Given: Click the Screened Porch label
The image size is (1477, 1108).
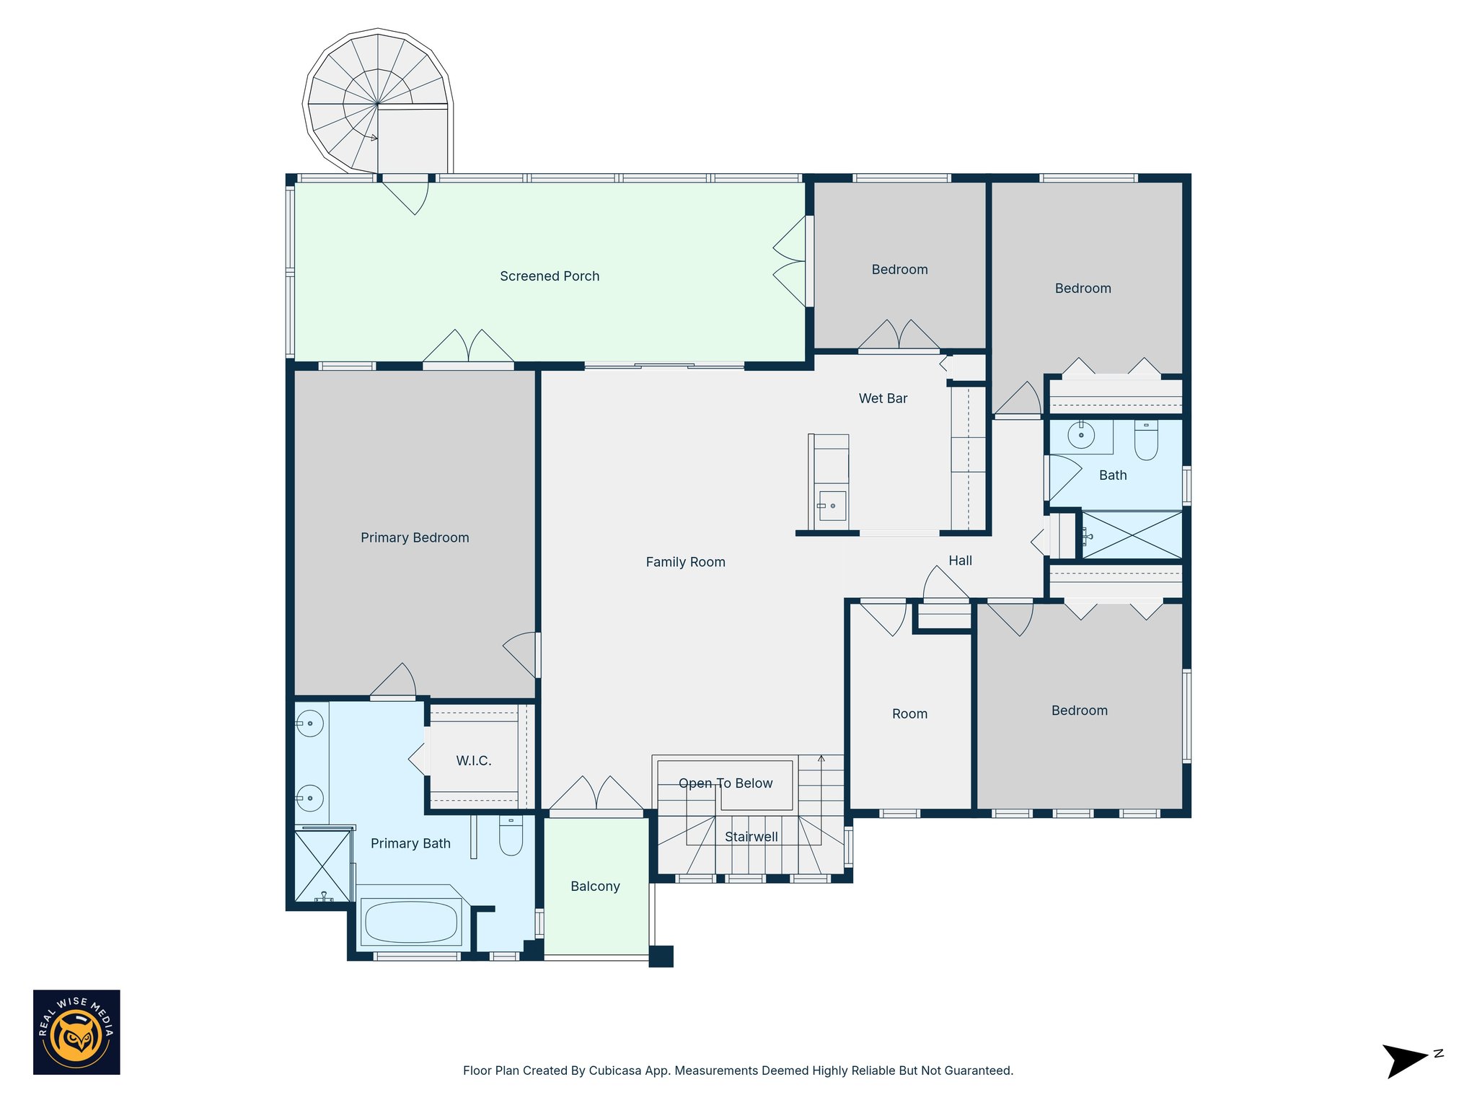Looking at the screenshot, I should pos(550,276).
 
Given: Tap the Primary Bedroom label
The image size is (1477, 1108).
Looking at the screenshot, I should pos(415,537).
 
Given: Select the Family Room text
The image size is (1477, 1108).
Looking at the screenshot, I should pos(685,562).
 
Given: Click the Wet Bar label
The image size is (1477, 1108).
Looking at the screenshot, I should pos(883,398).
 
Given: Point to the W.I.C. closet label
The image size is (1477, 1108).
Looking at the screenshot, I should pos(474,760).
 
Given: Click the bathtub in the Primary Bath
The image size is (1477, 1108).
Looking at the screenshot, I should pos(411,922).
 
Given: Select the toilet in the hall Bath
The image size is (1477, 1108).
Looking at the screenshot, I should pos(1146,440).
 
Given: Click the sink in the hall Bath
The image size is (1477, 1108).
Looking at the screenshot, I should pos(1081,435).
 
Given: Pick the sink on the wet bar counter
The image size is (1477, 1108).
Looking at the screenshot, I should pos(832,505).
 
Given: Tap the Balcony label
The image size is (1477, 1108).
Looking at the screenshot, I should pos(595,887).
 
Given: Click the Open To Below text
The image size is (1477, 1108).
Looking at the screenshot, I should pos(726,783).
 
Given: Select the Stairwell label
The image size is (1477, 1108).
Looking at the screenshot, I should pos(751,837).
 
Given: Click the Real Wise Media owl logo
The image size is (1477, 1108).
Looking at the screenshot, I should pos(76,1032).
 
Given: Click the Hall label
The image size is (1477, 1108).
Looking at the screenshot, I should pos(960,560).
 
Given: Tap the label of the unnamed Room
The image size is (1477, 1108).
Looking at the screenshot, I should pos(909,714).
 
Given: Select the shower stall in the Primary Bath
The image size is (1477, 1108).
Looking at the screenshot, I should pos(322,866).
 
